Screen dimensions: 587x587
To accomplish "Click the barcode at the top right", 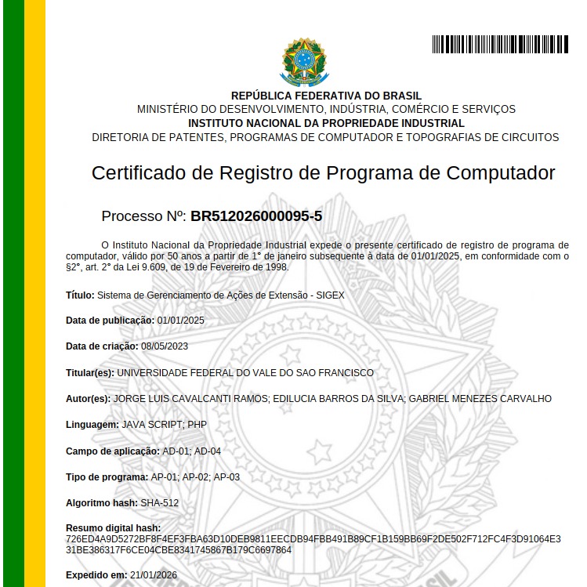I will pos(500,45).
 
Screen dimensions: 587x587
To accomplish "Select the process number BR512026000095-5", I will pos(256,216).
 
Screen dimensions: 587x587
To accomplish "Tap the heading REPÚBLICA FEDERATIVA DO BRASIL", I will pos(326,96).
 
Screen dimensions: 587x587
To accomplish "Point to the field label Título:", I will pos(79,295).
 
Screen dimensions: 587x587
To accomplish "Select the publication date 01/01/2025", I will pos(180,321).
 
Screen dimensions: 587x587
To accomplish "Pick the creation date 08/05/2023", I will pos(165,346).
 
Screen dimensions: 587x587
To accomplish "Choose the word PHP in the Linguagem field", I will pos(197,424).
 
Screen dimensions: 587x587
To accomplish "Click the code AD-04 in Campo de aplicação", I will pos(208,451).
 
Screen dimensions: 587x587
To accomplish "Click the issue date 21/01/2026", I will pos(154,574).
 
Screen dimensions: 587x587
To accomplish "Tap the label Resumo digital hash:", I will pos(113,528).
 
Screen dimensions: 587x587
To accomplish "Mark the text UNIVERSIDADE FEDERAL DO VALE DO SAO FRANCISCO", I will pos(245,373).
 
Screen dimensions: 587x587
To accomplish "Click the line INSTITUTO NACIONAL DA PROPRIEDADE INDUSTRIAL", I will pos(326,123).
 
